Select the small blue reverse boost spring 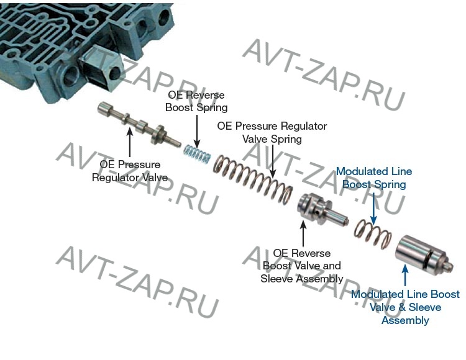(x=198, y=153)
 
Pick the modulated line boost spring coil (x=372, y=235)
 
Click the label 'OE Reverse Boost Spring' (x=196, y=101)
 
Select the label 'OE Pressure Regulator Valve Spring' (x=272, y=132)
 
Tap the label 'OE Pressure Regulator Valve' (x=130, y=171)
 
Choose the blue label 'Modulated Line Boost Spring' (x=373, y=178)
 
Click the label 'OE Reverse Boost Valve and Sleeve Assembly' (x=303, y=266)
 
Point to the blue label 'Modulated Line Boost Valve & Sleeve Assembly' (x=405, y=307)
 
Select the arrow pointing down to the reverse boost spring (x=196, y=128)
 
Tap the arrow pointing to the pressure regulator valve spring (x=272, y=164)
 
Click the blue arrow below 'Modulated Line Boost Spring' (x=373, y=206)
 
